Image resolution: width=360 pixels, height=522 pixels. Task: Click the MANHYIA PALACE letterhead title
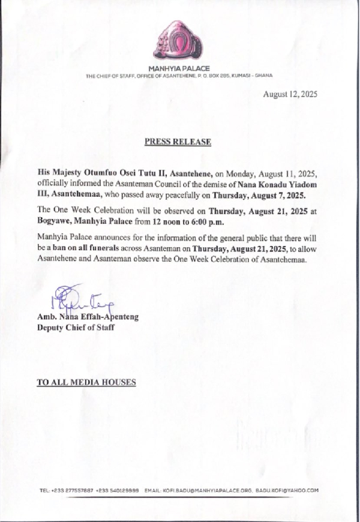point(179,69)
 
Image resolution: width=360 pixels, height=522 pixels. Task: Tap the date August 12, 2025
point(290,95)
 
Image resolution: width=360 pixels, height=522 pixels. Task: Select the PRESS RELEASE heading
point(178,142)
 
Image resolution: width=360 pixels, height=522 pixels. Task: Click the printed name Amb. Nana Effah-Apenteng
point(88,317)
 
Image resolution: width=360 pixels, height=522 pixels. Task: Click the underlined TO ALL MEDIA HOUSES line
point(86,382)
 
